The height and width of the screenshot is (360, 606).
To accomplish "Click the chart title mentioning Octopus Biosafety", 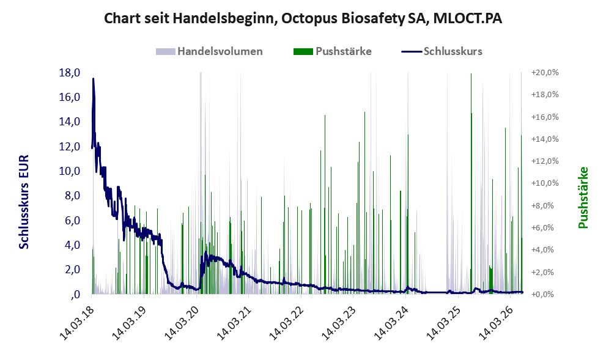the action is (303, 18).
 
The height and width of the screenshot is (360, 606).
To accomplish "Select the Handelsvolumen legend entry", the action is (209, 51).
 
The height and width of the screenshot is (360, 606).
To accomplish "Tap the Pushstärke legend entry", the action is (333, 51).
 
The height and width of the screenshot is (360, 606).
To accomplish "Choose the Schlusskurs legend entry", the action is (442, 51).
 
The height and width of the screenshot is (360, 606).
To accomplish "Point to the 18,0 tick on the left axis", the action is (70, 73).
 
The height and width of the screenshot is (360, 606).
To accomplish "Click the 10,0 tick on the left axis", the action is (70, 171).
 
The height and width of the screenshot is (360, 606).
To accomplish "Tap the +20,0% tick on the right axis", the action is (545, 73).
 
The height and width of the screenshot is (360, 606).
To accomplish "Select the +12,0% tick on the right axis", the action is (545, 161).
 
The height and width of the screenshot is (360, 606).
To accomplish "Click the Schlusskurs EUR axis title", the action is (24, 202).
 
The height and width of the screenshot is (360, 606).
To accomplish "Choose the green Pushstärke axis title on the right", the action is (583, 197).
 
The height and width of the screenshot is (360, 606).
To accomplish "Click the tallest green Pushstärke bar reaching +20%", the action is (471, 183).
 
